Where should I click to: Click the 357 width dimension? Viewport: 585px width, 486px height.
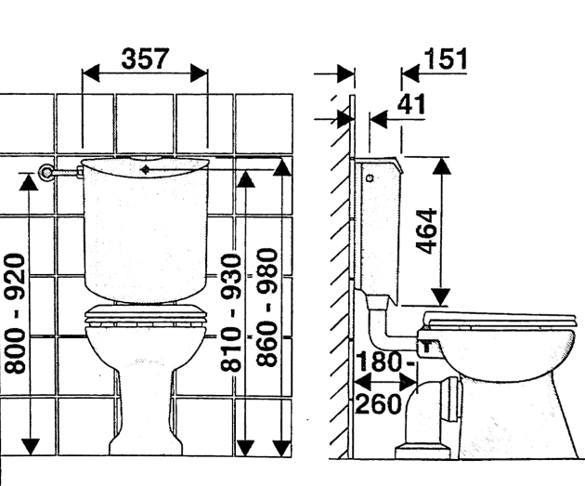[x=146, y=59]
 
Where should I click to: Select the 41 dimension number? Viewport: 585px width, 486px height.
[x=409, y=104]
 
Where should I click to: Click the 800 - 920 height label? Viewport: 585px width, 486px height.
[x=16, y=312]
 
